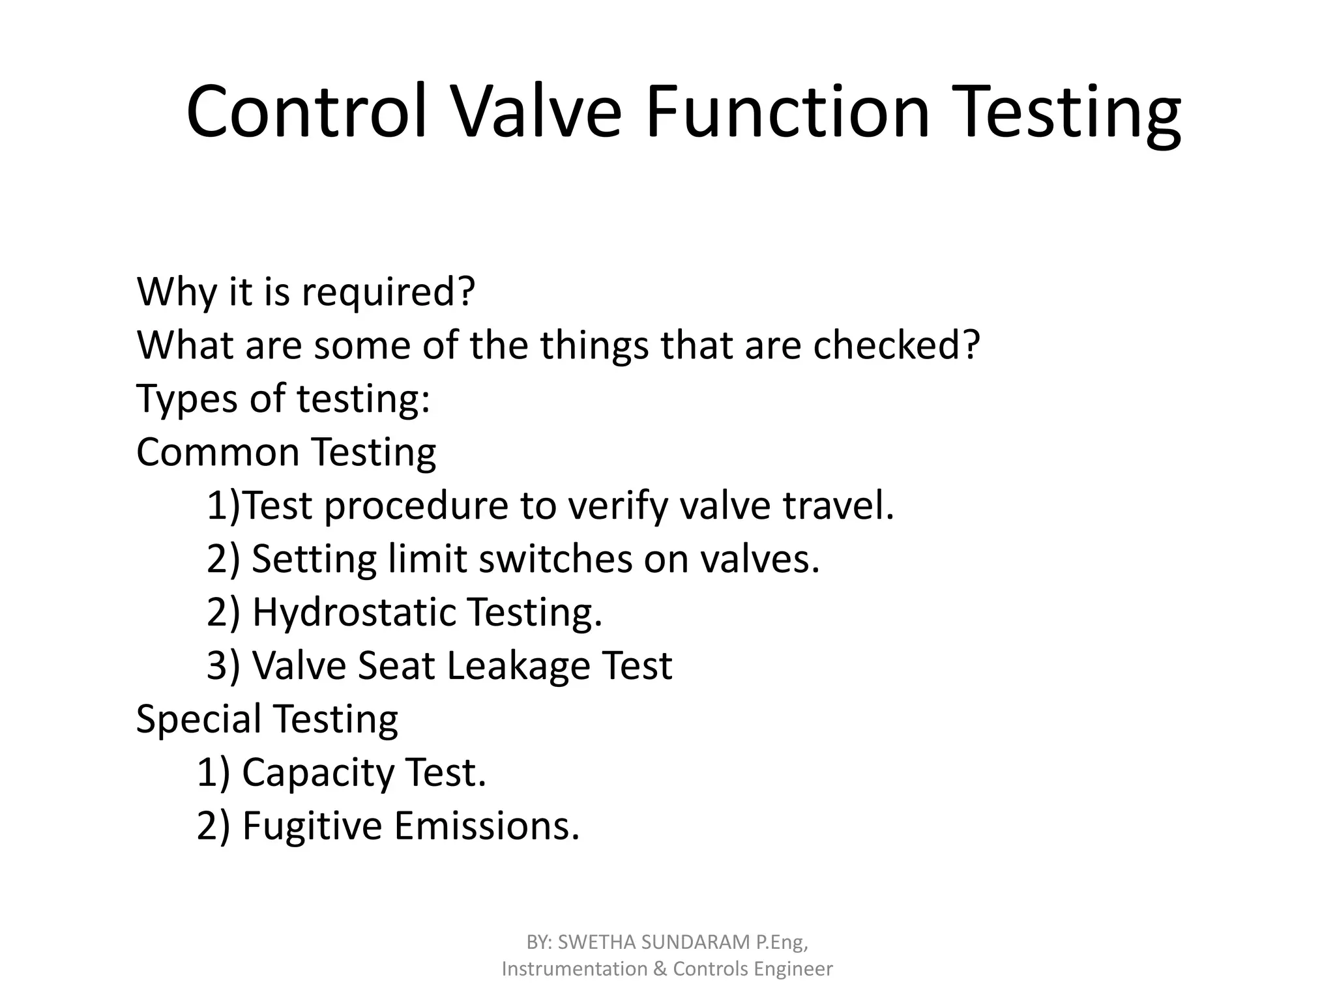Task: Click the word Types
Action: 187,399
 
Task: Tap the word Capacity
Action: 317,773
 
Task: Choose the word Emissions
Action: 486,826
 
